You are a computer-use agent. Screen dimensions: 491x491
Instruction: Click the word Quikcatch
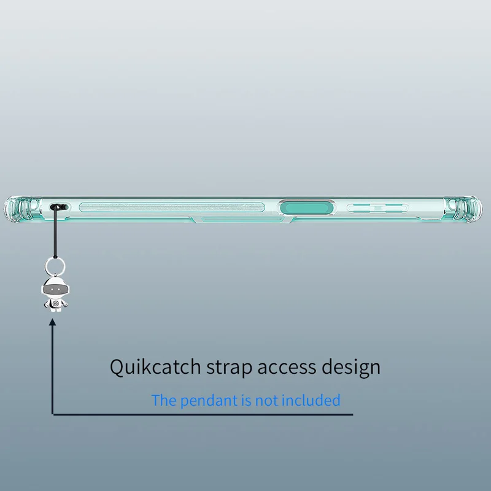(155, 367)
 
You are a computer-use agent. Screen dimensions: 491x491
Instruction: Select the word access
(287, 367)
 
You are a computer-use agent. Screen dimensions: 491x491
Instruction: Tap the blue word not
(267, 401)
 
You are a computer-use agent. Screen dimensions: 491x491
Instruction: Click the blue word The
(163, 401)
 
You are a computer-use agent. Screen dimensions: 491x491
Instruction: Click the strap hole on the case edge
(59, 207)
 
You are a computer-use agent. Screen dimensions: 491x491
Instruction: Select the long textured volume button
(172, 207)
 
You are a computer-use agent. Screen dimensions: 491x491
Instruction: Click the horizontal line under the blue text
(203, 415)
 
